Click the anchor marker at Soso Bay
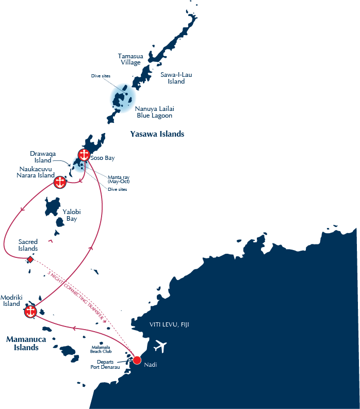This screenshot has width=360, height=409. tap(84, 154)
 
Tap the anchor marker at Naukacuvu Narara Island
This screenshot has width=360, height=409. tap(60, 182)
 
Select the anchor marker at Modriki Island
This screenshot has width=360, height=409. tap(30, 312)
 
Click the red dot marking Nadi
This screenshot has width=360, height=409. tap(137, 360)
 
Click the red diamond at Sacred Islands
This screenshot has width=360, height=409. tap(30, 259)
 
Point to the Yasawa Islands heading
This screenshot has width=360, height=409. tap(157, 134)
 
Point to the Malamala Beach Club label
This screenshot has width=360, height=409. tap(102, 350)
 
